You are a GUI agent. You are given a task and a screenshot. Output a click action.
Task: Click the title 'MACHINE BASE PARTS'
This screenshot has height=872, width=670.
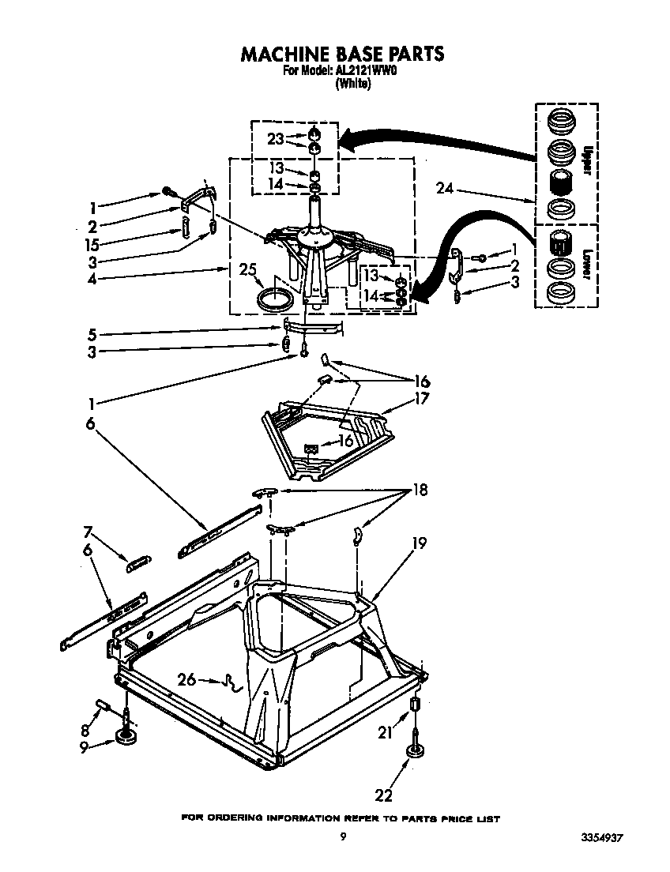pyautogui.click(x=342, y=54)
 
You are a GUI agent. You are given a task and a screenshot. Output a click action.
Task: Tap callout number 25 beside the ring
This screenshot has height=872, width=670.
pyautogui.click(x=247, y=270)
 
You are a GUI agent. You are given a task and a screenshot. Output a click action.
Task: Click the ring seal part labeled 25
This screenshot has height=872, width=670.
pyautogui.click(x=275, y=300)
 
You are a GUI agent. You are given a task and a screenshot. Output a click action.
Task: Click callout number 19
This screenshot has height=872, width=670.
pyautogui.click(x=419, y=543)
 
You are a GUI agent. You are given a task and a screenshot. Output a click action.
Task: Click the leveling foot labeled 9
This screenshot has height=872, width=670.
pyautogui.click(x=126, y=736)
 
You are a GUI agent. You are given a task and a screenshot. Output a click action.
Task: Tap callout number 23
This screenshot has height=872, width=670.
pyautogui.click(x=275, y=139)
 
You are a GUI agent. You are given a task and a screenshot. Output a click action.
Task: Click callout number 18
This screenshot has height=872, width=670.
pyautogui.click(x=419, y=490)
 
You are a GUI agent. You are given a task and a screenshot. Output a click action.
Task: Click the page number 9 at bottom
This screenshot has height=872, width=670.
pyautogui.click(x=342, y=836)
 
